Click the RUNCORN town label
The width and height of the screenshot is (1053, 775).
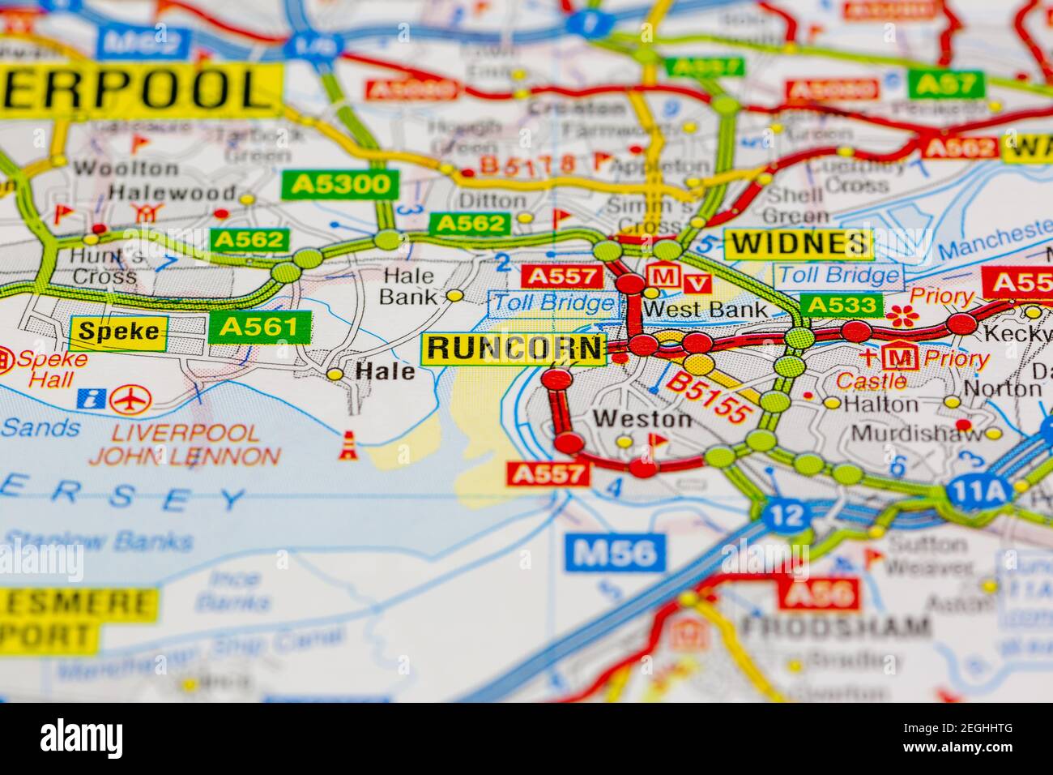514,349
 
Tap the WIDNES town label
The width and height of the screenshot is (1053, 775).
799,243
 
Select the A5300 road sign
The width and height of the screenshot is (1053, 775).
340,185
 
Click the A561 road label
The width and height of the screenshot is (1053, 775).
259,327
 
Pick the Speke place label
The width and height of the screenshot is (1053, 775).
118,332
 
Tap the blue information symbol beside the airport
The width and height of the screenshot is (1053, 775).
91,398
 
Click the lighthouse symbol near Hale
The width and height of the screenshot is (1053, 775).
349,446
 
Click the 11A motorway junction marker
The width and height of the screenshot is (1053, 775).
969,491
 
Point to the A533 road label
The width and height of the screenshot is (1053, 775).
840,306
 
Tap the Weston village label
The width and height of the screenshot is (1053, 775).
642,419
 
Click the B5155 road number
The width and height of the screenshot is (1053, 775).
710,396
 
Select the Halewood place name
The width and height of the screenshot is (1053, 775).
173,193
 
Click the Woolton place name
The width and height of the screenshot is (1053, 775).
126,169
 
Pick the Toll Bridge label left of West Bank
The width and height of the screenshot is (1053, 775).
554,304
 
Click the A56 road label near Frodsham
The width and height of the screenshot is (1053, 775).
819,594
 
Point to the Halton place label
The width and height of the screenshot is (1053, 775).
880,404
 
